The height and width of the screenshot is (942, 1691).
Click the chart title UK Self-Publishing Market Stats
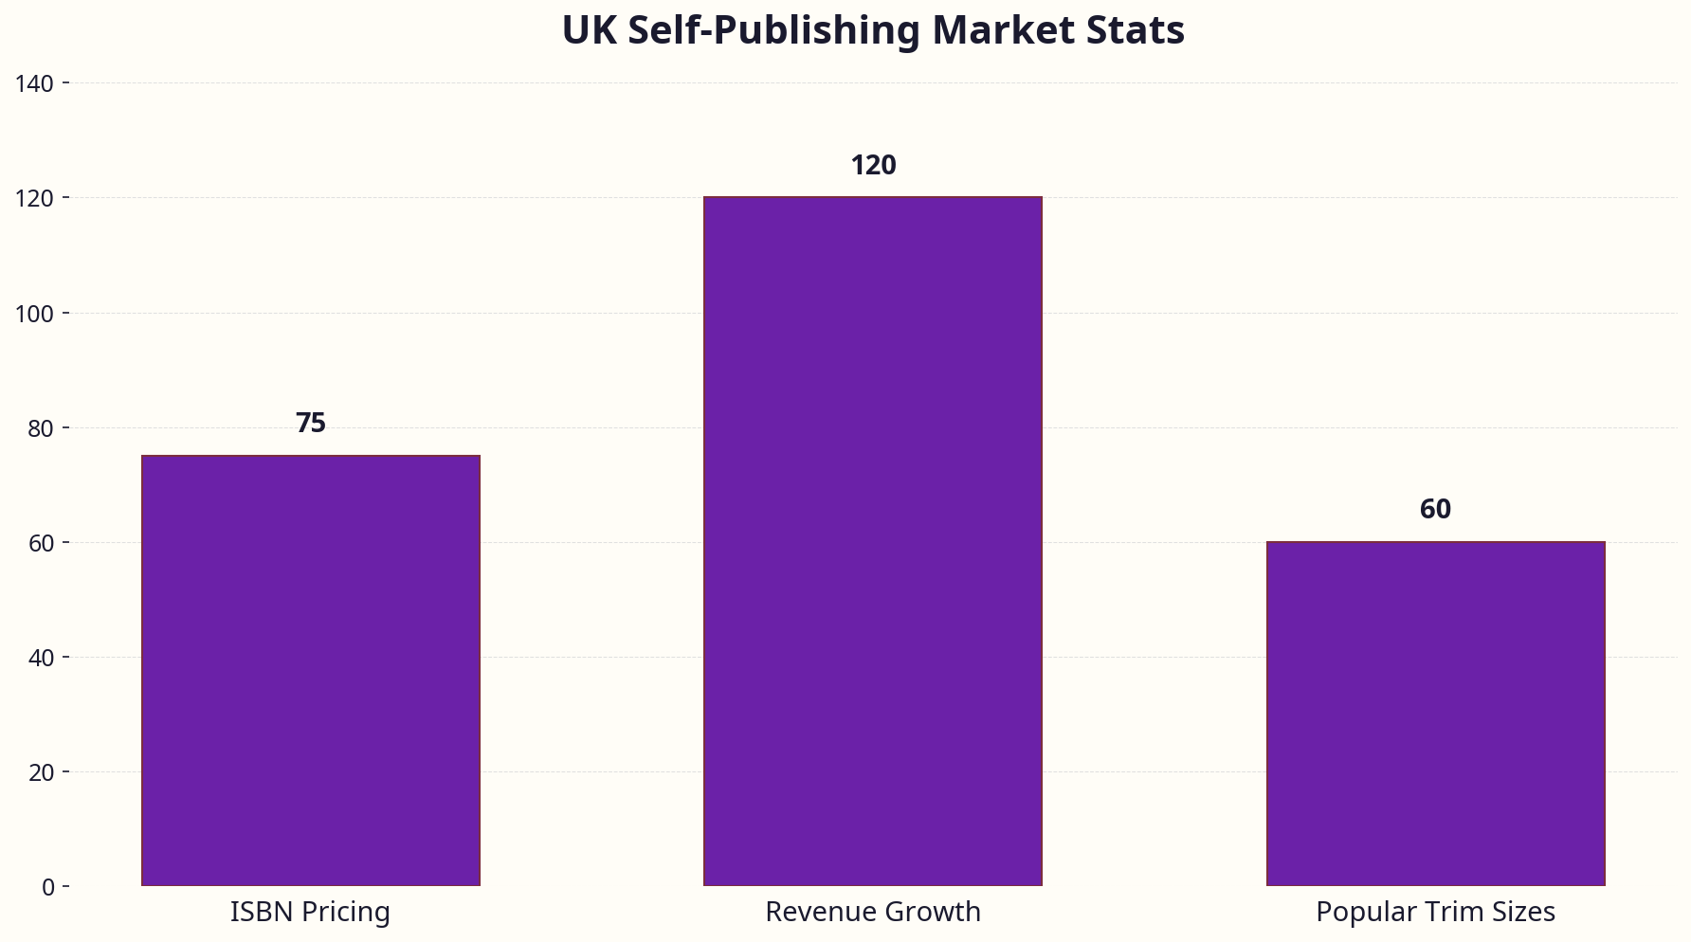[873, 30]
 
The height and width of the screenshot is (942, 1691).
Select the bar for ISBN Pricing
[311, 670]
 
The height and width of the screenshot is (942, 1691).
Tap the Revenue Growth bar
[873, 541]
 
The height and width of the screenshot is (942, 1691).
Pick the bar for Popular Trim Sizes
[1435, 714]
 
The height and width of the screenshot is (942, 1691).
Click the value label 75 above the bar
[311, 424]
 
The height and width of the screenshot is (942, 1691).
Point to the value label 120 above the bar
[873, 166]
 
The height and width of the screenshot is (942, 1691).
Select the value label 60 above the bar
[1435, 510]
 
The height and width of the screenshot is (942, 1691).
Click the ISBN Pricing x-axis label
[310, 912]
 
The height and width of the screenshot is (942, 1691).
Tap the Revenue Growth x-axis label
[873, 912]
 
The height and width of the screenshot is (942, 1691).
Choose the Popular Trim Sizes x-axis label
[1435, 912]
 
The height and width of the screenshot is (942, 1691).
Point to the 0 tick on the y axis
[48, 887]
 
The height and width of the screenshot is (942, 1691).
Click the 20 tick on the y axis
[42, 772]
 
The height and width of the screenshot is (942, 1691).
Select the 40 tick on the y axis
[42, 658]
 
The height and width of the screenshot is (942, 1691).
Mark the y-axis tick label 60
[42, 543]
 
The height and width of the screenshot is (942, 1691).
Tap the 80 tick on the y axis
[42, 428]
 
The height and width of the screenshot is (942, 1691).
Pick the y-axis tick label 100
[35, 314]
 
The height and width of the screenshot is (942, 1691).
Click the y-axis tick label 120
[35, 199]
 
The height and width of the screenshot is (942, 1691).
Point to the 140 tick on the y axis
[35, 84]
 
